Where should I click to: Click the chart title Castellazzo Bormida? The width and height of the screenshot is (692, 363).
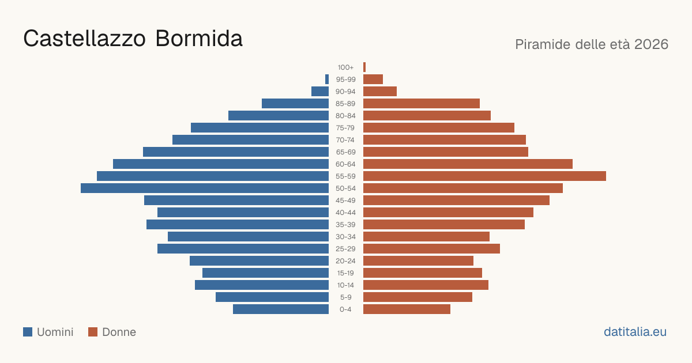tap(133, 39)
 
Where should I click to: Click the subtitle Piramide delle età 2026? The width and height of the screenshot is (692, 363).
tap(592, 44)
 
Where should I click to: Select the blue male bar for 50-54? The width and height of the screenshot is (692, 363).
tap(205, 188)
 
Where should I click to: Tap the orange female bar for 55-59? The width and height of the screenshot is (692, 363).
tap(485, 176)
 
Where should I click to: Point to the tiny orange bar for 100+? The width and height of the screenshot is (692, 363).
tap(364, 67)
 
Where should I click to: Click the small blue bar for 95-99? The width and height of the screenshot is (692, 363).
tap(327, 80)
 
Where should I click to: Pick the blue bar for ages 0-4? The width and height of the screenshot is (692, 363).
tap(281, 309)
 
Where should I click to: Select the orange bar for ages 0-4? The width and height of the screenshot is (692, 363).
tap(407, 309)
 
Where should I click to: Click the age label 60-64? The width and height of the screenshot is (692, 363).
tap(345, 164)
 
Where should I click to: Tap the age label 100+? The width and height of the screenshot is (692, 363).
tap(345, 67)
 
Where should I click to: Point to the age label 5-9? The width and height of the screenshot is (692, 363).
tap(345, 297)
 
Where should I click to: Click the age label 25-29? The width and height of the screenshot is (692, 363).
tap(345, 249)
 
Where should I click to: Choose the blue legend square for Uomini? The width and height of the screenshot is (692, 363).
tap(28, 332)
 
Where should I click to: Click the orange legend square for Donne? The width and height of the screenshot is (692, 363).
tap(93, 332)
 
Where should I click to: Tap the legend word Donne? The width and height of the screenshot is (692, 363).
tap(119, 332)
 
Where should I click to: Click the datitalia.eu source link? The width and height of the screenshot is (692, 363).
tap(635, 332)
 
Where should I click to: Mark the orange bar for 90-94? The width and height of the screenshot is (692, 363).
tap(380, 92)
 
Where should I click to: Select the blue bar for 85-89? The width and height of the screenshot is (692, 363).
tap(295, 103)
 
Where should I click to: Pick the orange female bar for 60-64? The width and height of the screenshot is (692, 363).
tap(468, 164)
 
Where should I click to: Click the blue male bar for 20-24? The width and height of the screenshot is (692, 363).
tap(259, 261)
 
